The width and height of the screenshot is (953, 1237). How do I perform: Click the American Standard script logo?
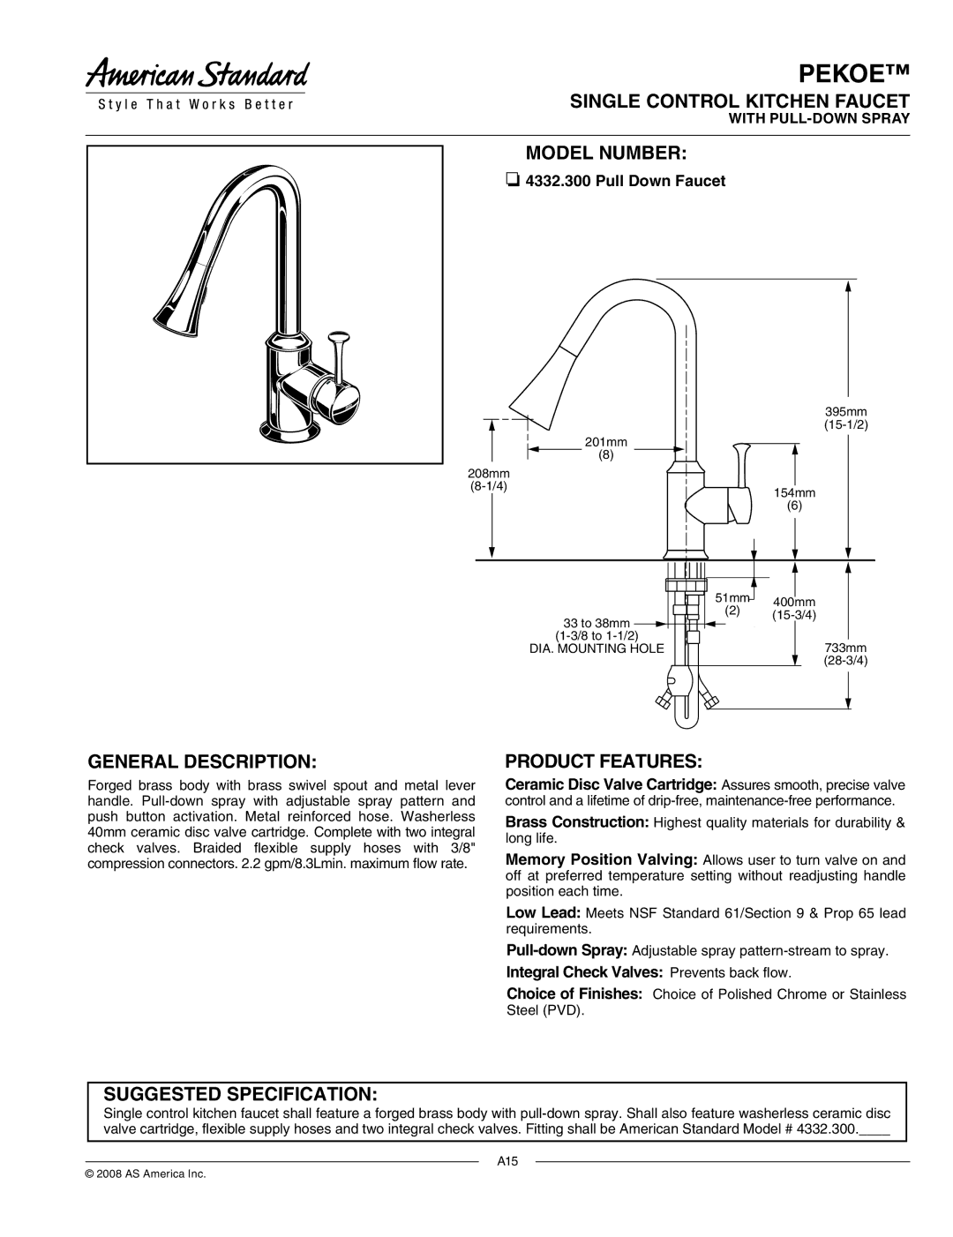click(x=197, y=74)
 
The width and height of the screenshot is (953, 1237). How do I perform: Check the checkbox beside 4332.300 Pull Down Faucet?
click(x=511, y=181)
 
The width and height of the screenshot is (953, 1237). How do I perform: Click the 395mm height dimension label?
click(x=846, y=418)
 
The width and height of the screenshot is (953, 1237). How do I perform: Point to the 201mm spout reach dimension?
click(x=605, y=448)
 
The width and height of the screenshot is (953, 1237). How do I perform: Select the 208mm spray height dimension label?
click(x=489, y=480)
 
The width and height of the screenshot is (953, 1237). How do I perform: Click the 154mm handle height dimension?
click(x=794, y=499)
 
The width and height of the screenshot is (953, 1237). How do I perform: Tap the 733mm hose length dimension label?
click(x=846, y=654)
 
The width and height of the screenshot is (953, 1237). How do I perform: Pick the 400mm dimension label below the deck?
click(x=794, y=608)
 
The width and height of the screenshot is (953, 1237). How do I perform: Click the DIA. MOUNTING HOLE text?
click(x=597, y=648)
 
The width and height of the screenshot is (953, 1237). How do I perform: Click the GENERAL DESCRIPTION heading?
click(x=202, y=761)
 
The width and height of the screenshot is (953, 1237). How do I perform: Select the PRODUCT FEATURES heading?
click(x=604, y=761)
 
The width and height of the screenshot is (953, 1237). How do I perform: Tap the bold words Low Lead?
click(x=543, y=912)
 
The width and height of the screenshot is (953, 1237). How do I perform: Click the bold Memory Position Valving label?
click(x=602, y=859)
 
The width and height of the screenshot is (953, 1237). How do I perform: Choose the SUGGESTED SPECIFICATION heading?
click(x=240, y=1093)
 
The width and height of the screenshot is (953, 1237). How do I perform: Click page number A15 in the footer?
click(x=507, y=1161)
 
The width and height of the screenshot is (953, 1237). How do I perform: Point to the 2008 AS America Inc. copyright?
click(x=146, y=1173)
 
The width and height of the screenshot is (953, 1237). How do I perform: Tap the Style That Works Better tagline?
click(x=196, y=105)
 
